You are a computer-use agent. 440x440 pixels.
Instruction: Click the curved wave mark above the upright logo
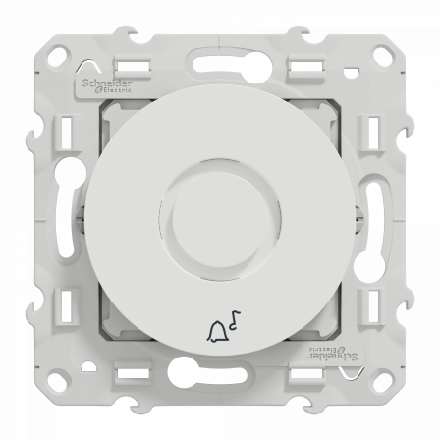[x=81, y=70]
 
